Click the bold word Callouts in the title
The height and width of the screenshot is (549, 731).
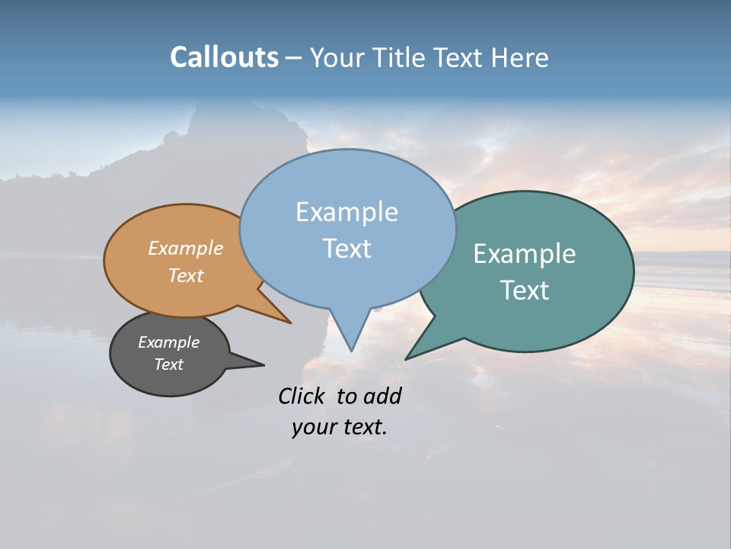224,57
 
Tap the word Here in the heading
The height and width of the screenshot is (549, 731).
520,57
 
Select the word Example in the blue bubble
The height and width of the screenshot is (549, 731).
346,212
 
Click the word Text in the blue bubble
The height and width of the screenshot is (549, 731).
346,249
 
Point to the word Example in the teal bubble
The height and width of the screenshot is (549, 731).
524,254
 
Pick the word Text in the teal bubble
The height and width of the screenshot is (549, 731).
524,291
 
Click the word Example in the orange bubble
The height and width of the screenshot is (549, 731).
185,249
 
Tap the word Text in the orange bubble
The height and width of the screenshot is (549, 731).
185,275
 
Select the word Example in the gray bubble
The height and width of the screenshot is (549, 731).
168,342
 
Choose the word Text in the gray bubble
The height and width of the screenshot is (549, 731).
168,364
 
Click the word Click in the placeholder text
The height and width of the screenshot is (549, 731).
303,396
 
